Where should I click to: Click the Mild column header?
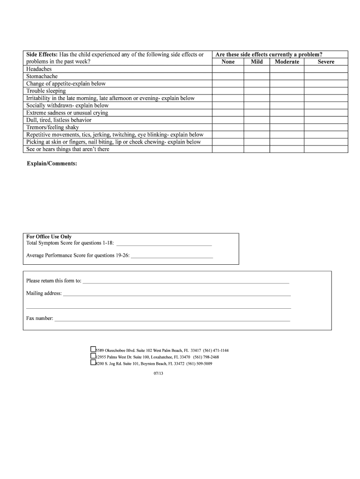point(257,62)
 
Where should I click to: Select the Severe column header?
point(326,62)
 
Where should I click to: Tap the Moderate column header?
point(287,62)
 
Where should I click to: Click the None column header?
point(228,62)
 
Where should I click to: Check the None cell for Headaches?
point(228,69)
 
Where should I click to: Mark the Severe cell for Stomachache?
point(326,76)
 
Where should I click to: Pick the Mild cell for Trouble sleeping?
point(257,91)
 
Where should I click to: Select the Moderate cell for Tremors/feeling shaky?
point(287,127)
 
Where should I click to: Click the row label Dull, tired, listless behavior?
point(59,120)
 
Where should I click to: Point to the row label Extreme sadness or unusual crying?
point(67,113)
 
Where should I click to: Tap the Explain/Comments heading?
point(52,164)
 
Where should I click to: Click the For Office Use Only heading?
point(49,237)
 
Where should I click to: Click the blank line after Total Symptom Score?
point(164,244)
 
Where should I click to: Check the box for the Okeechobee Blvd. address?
point(93,349)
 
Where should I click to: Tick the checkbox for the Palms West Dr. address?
point(93,356)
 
